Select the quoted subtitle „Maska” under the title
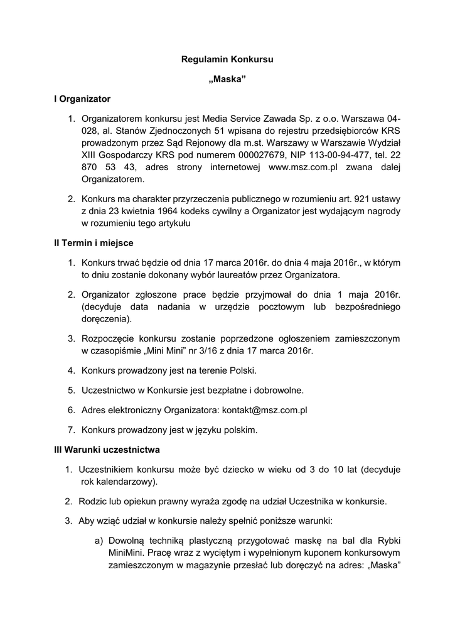pos(227,80)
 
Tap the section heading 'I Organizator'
pos(82,99)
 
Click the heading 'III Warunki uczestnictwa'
pos(107,450)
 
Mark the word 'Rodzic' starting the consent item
pos(93,502)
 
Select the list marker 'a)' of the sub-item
pos(99,541)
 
